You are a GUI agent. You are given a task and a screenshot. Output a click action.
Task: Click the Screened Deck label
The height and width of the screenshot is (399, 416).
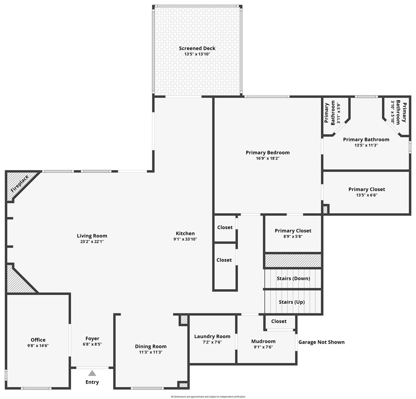[x=197, y=49]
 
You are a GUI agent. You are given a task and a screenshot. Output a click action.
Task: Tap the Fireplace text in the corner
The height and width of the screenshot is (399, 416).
[x=20, y=184]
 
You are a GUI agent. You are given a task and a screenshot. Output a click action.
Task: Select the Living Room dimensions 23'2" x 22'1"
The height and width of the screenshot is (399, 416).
[x=92, y=241]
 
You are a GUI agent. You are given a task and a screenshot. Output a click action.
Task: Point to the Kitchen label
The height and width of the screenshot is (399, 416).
[x=185, y=234]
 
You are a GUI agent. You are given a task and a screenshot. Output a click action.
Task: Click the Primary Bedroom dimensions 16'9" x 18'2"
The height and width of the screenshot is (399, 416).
[x=267, y=158]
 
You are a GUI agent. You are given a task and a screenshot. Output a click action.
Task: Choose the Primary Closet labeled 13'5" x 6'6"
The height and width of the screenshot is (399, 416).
[x=366, y=190]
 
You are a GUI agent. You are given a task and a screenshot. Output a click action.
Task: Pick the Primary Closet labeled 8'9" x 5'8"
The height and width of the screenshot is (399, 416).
[x=293, y=231]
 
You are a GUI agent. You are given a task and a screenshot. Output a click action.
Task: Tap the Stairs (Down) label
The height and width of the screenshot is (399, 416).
[x=293, y=278]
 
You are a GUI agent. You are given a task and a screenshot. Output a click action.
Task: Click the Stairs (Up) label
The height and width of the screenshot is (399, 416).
[x=291, y=302]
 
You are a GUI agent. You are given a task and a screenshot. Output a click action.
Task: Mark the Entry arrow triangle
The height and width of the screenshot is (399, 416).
[x=92, y=373]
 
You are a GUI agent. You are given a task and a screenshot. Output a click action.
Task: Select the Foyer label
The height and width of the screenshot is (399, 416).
[x=92, y=338]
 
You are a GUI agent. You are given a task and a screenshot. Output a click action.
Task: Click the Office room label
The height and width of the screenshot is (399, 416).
[x=38, y=340]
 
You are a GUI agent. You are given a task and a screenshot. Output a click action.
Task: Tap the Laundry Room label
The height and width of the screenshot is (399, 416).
[x=212, y=337]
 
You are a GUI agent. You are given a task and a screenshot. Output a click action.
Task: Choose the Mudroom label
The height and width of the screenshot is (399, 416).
[x=263, y=341]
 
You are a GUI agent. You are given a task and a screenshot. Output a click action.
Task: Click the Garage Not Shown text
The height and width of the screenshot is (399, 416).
[x=321, y=342]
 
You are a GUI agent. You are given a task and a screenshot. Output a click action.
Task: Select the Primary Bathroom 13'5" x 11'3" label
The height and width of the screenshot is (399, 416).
[x=366, y=140]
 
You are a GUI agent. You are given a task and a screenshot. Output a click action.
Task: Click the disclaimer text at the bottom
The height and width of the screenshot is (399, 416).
[x=208, y=397]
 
